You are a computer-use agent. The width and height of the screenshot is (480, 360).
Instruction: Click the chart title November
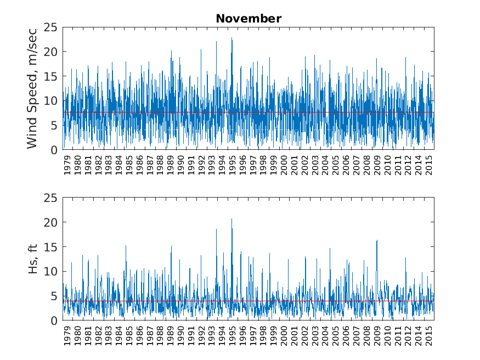coord(249,19)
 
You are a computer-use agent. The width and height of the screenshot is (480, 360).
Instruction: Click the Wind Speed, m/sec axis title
coord(32,88)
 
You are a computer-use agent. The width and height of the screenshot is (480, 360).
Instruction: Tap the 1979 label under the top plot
coord(67,165)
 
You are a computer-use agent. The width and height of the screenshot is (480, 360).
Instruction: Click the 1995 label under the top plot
coord(233,165)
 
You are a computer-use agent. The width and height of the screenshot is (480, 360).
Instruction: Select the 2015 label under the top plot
coord(429,165)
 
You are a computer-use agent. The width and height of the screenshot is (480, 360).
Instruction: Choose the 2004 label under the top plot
coord(325,165)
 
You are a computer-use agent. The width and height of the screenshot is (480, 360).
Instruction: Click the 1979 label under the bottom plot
coord(67,335)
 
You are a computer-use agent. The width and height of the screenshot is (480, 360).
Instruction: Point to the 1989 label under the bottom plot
coord(171,335)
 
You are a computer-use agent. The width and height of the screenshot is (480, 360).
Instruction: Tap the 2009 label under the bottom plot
coord(377,335)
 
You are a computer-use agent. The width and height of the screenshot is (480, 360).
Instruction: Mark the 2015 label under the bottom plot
coord(429,335)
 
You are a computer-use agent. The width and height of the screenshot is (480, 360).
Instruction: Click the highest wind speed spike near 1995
coord(231,38)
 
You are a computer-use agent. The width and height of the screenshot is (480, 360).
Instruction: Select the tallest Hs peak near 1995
coord(231,219)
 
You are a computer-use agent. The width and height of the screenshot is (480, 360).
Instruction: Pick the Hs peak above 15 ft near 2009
coord(377,240)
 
